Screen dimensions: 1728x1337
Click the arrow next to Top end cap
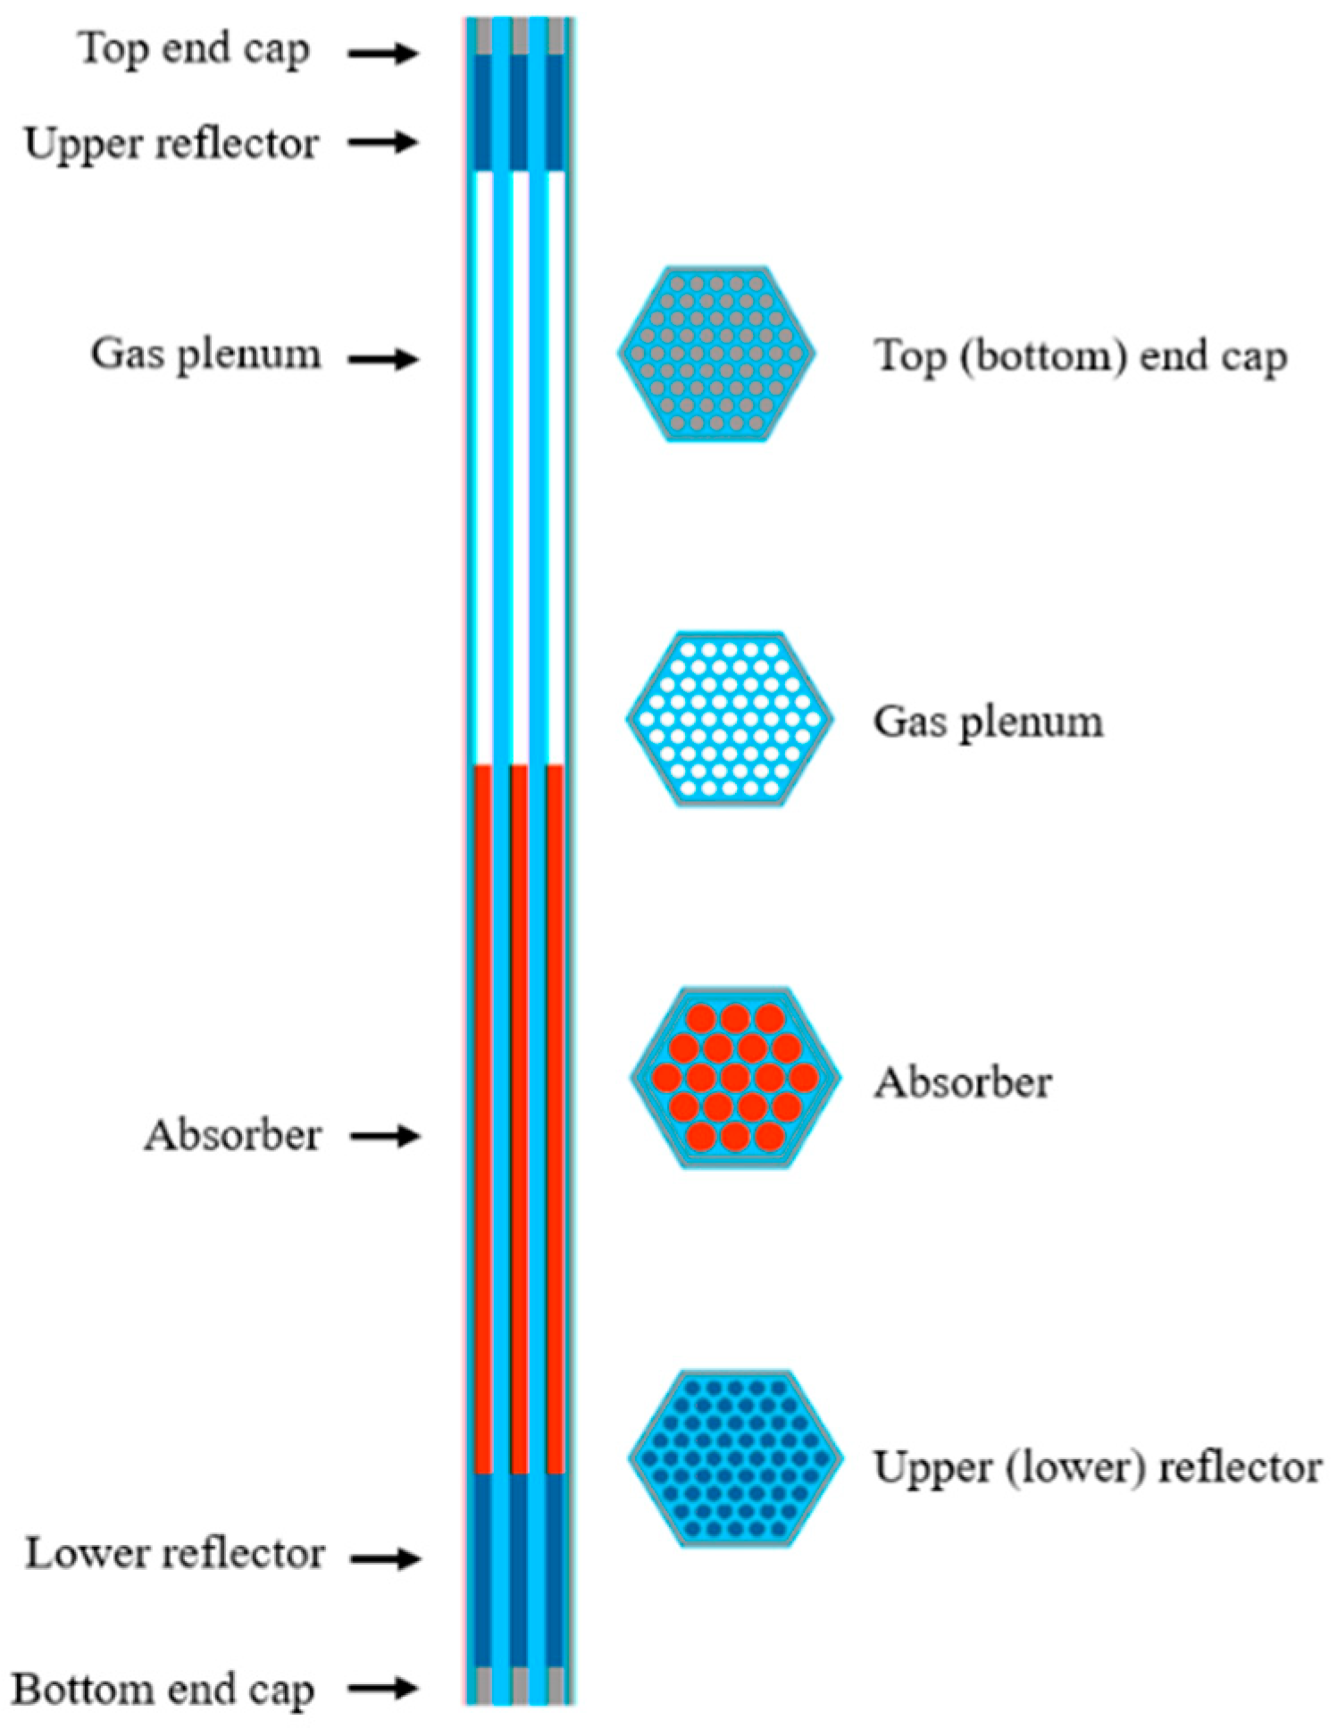383,54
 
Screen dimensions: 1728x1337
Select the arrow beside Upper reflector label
383,142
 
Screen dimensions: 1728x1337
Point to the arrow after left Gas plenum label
383,360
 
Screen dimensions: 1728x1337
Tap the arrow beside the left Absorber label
385,1136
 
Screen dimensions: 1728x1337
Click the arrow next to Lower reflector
385,1558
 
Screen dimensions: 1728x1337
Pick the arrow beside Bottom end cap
383,1688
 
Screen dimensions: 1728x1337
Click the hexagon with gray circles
716,354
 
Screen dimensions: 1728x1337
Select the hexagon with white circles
730,719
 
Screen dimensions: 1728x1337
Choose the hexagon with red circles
735,1078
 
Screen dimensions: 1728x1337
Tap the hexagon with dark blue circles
735,1458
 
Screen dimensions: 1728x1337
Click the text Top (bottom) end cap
1080,356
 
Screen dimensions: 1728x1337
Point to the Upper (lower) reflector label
1097,1467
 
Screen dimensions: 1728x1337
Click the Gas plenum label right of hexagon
988,722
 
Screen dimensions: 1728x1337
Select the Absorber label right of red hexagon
963,1082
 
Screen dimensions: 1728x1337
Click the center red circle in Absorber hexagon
735,1078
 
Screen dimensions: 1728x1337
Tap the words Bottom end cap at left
163,1690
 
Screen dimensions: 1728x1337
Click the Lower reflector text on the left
174,1554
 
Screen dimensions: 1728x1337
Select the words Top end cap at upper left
194,48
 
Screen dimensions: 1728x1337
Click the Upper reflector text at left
171,144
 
